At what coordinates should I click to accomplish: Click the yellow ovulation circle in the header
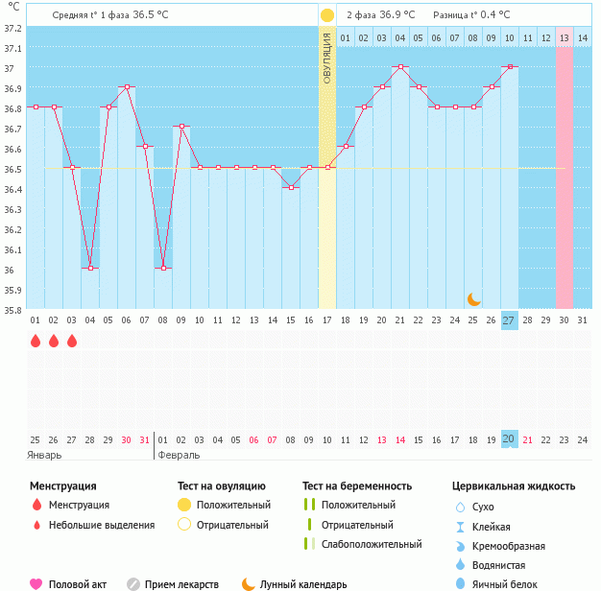327,15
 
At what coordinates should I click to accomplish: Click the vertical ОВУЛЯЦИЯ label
327,58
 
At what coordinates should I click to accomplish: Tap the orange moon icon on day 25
473,298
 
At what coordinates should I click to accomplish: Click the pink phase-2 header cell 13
565,37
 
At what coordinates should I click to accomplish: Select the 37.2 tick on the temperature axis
12,28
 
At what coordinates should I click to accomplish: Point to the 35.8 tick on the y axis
12,310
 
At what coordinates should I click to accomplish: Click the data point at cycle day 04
90,269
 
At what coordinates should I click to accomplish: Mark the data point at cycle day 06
127,87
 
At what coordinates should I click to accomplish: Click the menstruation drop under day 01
36,341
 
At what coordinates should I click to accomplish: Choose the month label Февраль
179,455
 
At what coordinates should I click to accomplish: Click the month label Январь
44,455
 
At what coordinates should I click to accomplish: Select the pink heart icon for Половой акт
36,583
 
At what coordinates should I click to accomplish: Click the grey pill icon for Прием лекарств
134,583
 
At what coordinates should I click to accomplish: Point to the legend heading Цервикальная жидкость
514,486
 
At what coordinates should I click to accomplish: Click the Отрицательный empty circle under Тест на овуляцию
184,525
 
